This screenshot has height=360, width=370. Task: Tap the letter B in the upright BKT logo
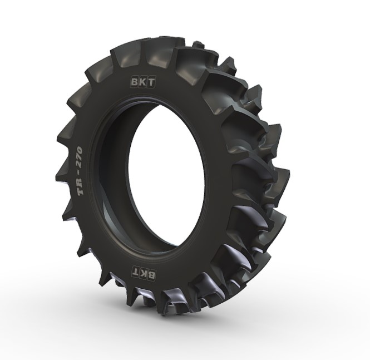(135, 81)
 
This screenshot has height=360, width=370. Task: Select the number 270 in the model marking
(82, 157)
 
